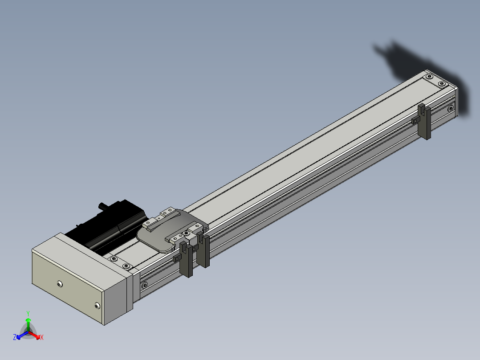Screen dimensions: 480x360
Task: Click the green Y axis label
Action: pos(28,313)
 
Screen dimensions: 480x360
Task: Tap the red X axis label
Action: pos(42,337)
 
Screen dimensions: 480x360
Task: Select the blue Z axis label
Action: pos(15,337)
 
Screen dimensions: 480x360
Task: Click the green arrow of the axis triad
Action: pos(28,324)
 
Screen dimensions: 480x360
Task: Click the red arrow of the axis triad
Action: pos(35,335)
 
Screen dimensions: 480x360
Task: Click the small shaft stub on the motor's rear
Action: pos(102,206)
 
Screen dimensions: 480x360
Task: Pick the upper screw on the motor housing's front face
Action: pos(60,284)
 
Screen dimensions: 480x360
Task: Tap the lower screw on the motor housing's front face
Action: pos(97,306)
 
